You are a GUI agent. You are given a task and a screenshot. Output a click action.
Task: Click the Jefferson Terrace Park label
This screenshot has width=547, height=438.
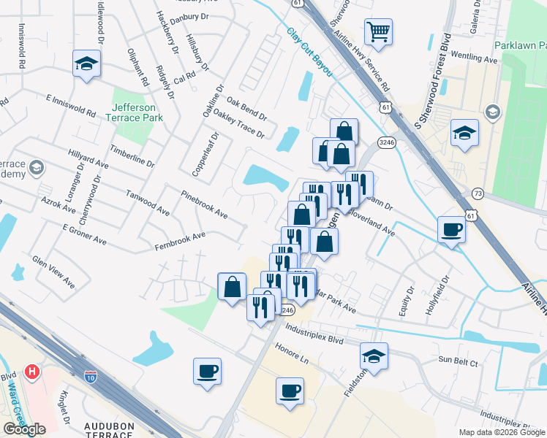point(132,111)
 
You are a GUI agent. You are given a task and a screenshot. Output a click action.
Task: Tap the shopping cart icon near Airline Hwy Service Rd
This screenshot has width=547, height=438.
point(378,31)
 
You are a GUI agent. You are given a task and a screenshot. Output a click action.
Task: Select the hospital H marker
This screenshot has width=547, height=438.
point(31,372)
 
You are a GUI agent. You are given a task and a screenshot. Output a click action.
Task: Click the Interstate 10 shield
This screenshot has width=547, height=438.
point(90,377)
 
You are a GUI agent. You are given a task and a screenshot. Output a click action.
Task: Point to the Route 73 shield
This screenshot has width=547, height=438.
point(478,193)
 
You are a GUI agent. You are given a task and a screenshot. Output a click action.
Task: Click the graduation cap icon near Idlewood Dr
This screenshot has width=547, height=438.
point(86,64)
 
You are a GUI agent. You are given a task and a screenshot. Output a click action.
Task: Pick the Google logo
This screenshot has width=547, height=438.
point(24,429)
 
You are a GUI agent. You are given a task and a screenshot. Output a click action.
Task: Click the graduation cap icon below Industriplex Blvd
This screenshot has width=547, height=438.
point(374,356)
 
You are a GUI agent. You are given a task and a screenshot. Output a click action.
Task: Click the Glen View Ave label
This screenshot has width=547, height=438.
point(53,270)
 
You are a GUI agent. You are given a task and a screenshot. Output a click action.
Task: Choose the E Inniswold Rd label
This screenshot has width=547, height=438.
point(70,106)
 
